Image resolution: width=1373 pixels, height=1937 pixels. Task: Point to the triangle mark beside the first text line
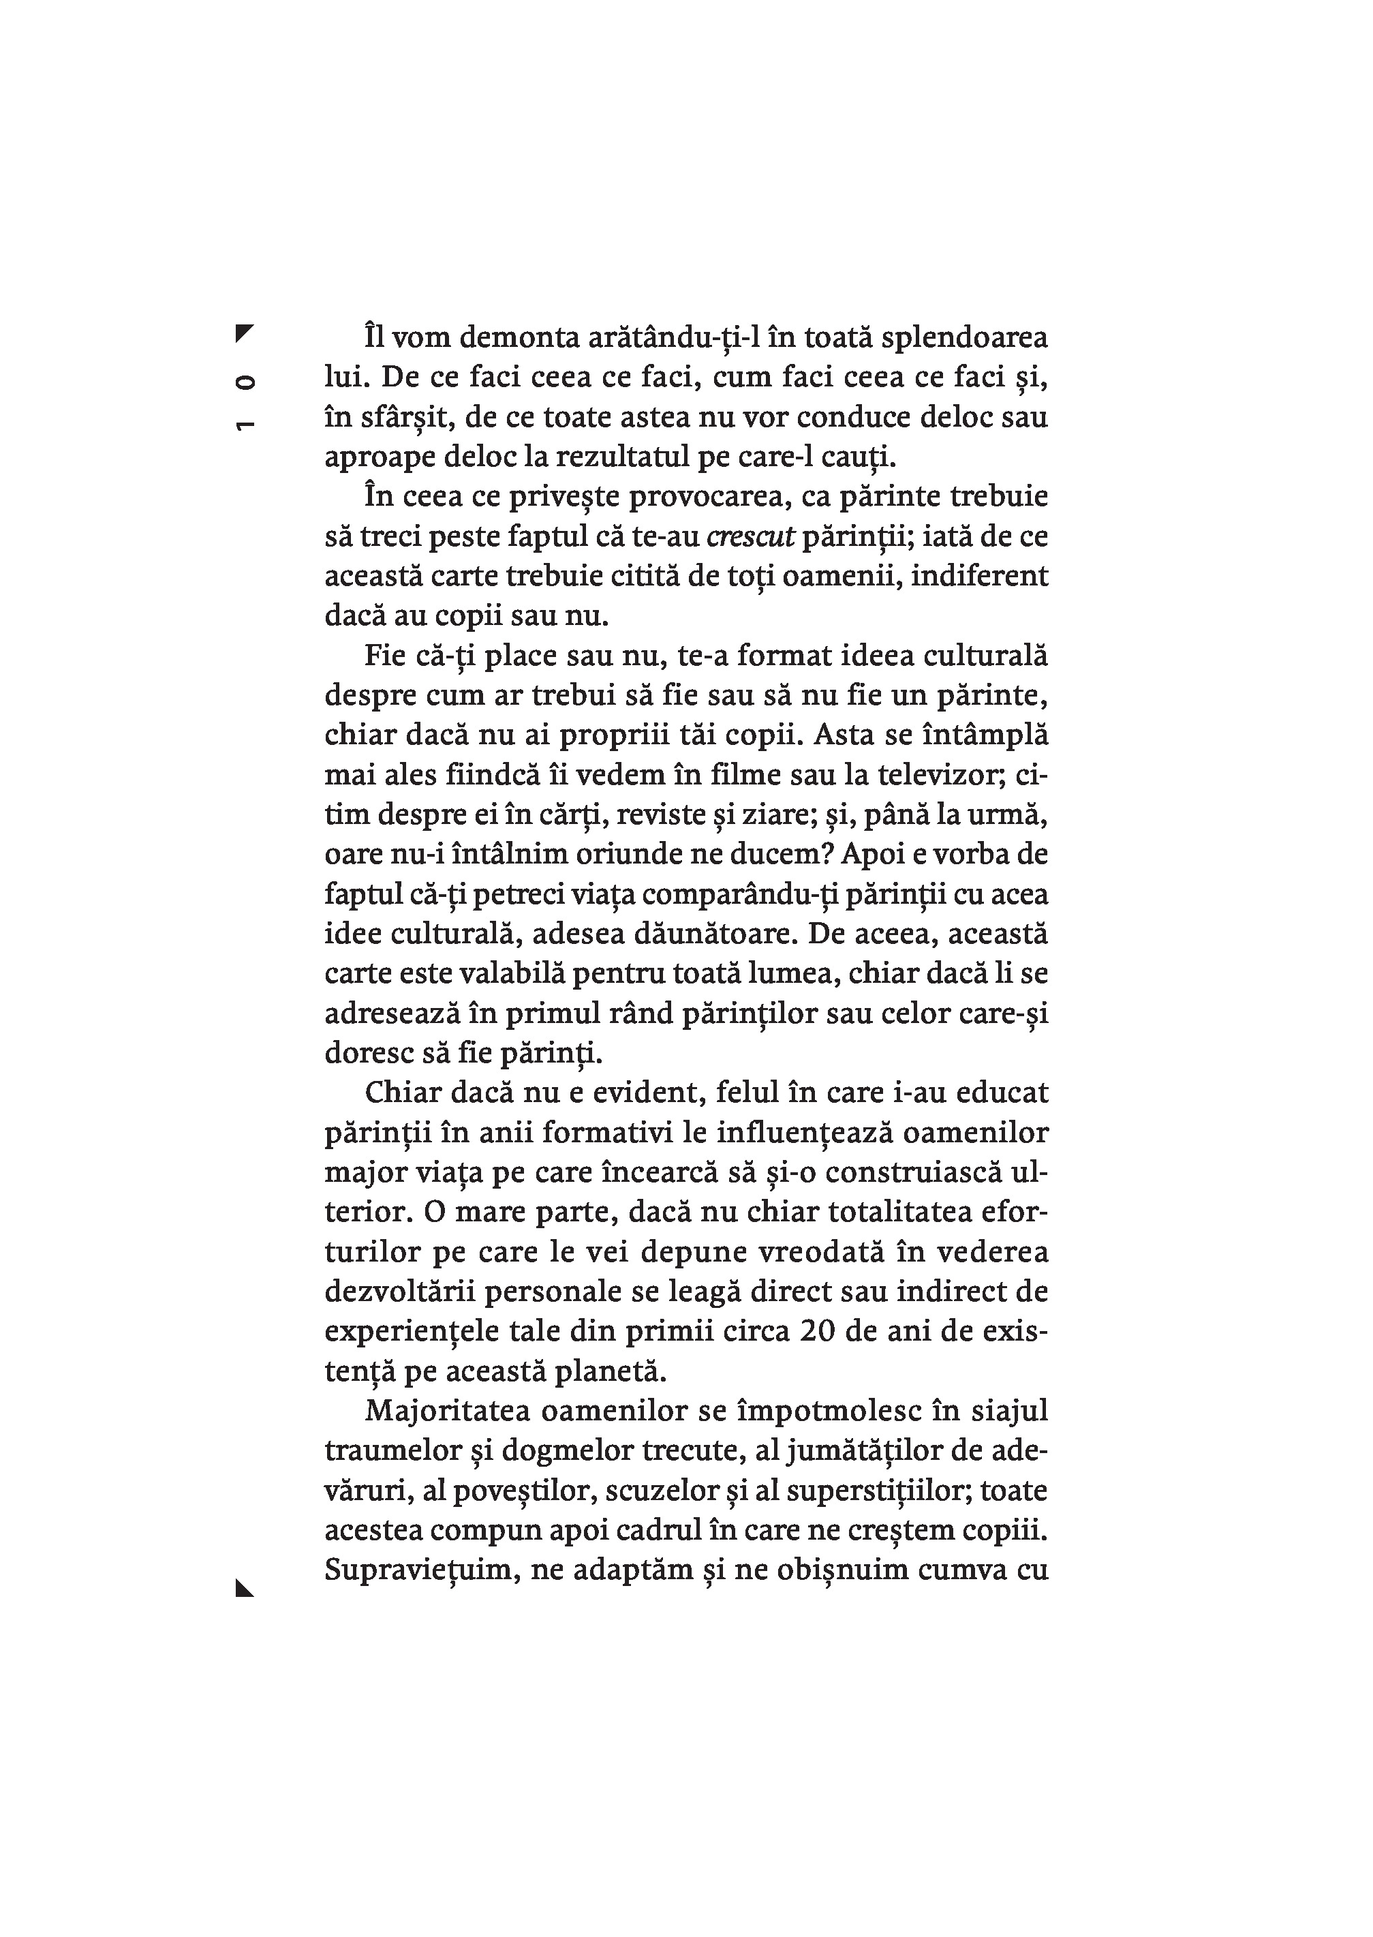tap(245, 333)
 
